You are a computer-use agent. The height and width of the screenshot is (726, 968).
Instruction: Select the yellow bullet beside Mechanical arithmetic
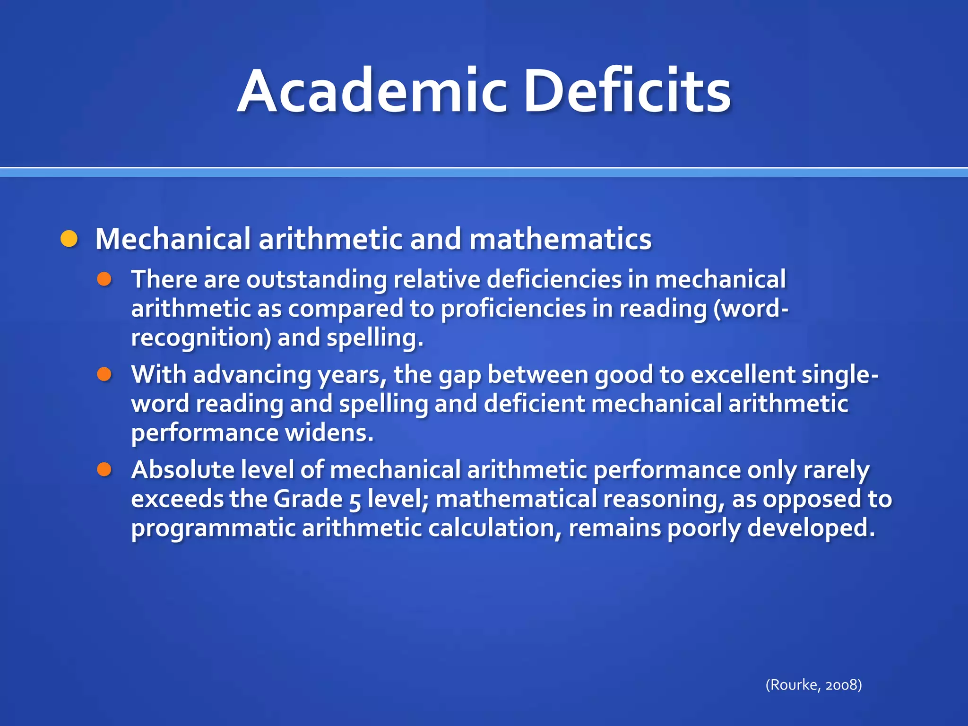coord(69,239)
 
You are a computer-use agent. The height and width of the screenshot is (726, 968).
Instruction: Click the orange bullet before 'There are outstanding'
coord(104,279)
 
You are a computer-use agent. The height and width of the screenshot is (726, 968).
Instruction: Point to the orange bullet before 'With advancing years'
coord(104,375)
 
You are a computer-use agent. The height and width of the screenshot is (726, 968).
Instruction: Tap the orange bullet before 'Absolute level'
coord(104,470)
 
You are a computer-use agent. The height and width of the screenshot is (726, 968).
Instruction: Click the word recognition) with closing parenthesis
coord(201,338)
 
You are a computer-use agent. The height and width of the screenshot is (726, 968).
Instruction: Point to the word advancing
coord(252,375)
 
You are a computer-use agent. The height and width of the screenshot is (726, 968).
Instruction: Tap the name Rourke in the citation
coord(795,685)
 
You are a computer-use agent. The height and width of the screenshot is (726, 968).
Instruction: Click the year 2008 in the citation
coord(841,685)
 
